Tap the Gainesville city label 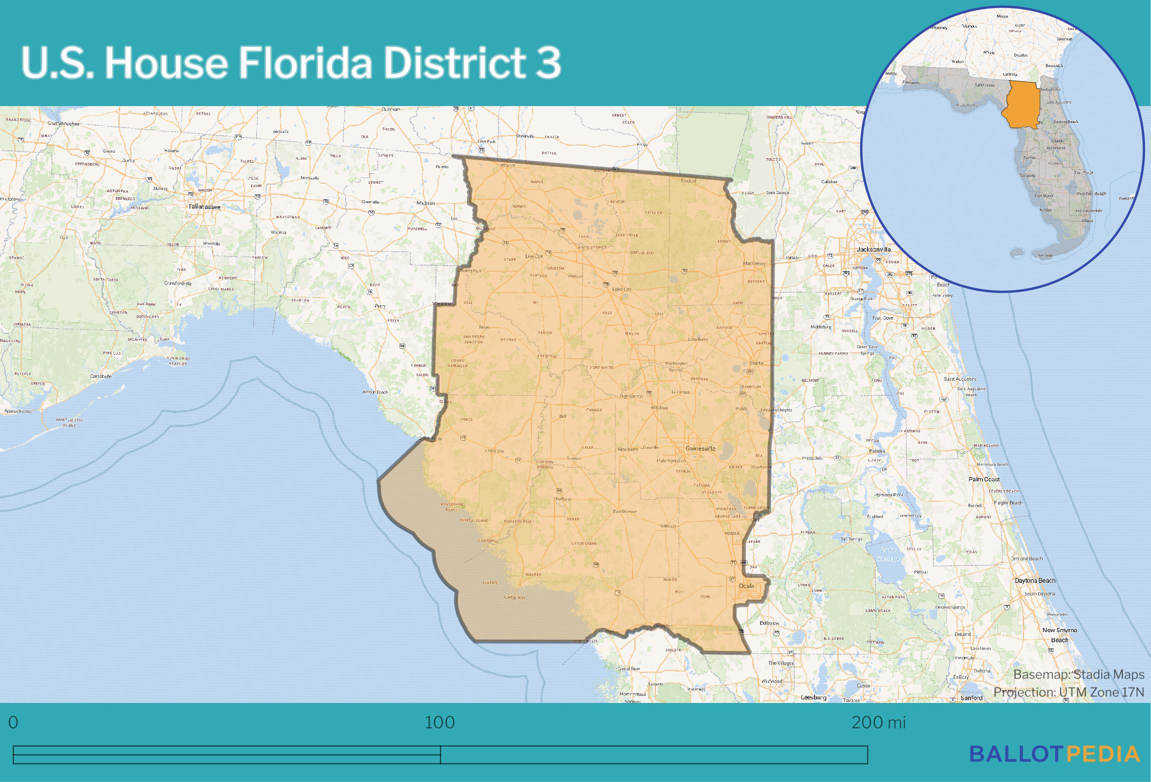[700, 449]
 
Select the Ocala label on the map [746, 586]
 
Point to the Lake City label [622, 289]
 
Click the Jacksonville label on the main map [873, 249]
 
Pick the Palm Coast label [984, 479]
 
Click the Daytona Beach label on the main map [1035, 580]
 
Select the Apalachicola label [17, 411]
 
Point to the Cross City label [494, 451]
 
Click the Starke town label [756, 363]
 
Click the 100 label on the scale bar [440, 722]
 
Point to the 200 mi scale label [878, 722]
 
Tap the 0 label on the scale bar [13, 722]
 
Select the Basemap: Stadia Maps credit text [1078, 674]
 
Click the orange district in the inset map [1022, 105]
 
